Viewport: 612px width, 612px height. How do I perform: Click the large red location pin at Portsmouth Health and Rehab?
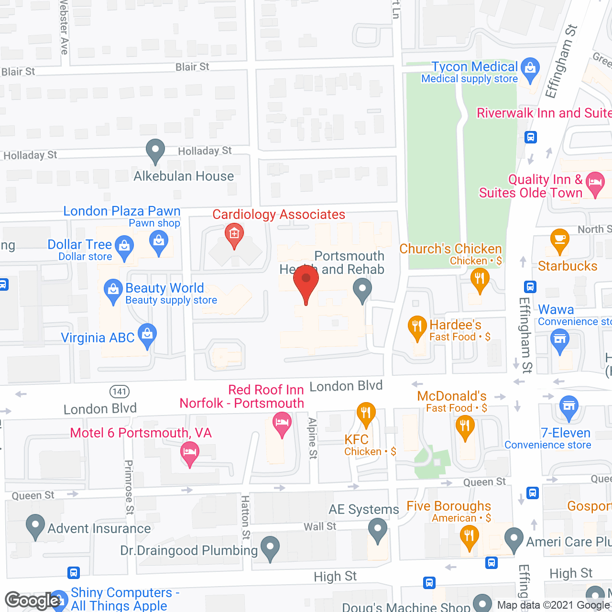306,282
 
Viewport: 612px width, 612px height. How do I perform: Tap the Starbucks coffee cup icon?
559,240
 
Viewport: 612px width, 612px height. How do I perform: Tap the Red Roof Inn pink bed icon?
282,423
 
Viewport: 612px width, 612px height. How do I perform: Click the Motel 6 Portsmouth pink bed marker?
190,453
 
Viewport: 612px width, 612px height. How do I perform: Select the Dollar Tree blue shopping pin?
124,248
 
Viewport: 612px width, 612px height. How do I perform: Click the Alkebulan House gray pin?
155,151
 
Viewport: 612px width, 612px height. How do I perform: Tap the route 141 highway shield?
120,392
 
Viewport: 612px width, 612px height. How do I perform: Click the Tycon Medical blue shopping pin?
530,69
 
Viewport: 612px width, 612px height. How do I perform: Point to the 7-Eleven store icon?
568,408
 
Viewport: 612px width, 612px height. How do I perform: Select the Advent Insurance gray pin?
35,525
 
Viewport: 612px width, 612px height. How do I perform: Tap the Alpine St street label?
313,438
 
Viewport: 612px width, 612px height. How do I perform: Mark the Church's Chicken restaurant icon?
480,279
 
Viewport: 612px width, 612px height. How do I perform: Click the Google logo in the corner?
33,601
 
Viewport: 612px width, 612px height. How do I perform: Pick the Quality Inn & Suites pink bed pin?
595,184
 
